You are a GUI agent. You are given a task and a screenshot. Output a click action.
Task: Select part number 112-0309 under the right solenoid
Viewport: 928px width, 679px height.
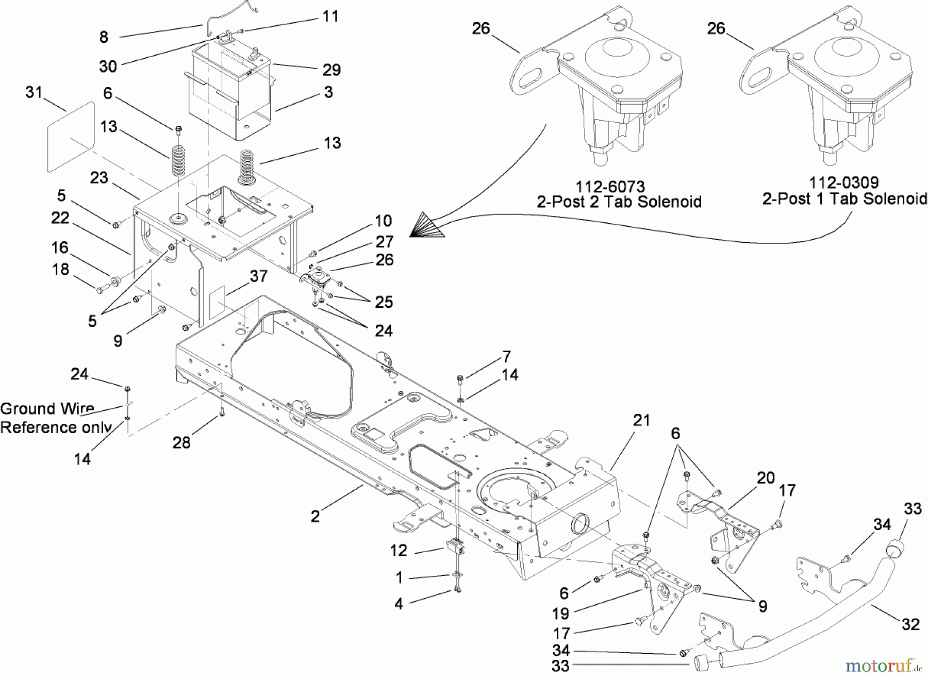point(844,183)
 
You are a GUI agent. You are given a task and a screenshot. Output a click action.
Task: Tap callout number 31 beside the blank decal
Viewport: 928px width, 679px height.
point(34,92)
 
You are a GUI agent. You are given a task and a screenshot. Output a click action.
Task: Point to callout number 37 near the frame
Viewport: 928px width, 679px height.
point(258,276)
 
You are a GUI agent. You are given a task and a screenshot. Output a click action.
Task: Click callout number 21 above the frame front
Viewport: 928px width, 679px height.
point(641,421)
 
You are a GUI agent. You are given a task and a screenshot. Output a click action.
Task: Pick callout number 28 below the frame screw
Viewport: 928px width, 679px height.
point(181,442)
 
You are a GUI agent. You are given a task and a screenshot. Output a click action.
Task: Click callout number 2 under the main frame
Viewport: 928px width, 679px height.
point(315,516)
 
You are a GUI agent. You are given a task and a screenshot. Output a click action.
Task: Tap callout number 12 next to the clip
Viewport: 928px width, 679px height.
point(399,551)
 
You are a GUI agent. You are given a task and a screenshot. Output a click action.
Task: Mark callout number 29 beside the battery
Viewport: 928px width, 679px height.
point(332,70)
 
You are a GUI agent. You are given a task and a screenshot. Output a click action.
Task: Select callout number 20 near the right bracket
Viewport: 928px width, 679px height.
point(766,478)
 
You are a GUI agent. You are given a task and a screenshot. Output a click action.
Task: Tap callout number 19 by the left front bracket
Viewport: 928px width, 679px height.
point(560,614)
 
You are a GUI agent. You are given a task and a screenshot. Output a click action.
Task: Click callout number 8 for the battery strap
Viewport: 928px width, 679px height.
point(104,37)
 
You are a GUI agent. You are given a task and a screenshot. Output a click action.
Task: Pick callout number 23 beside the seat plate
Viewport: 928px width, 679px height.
point(99,178)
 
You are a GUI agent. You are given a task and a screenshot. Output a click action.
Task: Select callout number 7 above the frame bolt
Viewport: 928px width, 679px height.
point(506,356)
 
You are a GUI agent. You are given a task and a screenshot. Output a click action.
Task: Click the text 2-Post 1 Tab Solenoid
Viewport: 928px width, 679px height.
point(844,199)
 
